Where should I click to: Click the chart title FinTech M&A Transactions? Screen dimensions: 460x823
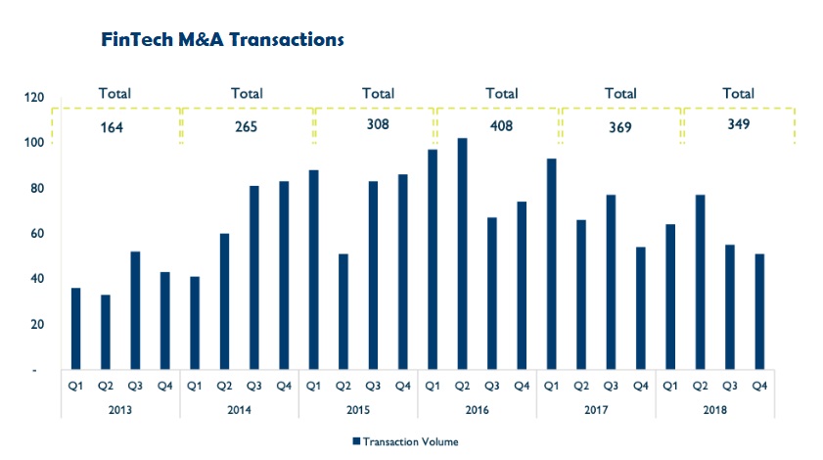point(222,40)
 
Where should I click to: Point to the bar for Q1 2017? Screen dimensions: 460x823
point(551,263)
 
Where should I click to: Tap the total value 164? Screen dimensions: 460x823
point(114,127)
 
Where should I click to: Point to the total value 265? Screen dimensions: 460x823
point(248,127)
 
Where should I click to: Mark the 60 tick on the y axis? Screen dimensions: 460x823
point(38,234)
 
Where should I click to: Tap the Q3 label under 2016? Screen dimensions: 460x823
point(491,385)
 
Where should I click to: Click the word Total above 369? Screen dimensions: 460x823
point(620,94)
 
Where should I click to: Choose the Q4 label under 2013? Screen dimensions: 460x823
point(164,385)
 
